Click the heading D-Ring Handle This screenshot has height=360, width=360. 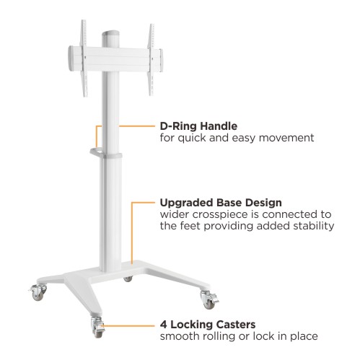coord(198,126)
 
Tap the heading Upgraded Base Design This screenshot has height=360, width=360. coord(221,203)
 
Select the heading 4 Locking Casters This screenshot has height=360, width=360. coord(208,325)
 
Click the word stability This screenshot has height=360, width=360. coord(314,226)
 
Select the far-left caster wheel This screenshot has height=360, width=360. coord(38,292)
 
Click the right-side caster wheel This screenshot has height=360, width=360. coord(209,299)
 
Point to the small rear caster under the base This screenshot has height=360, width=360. coord(128,279)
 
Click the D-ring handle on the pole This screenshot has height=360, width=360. coord(96,152)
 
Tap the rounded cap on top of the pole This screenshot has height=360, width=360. coord(110,34)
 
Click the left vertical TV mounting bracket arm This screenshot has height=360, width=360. coord(84,58)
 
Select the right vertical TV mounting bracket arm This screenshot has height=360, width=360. coord(151,60)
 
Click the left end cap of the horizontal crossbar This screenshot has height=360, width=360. coord(71,58)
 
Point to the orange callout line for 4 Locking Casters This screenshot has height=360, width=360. coord(129,326)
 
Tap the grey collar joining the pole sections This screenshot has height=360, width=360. coord(111,155)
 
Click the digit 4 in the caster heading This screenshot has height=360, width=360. coord(164,325)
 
